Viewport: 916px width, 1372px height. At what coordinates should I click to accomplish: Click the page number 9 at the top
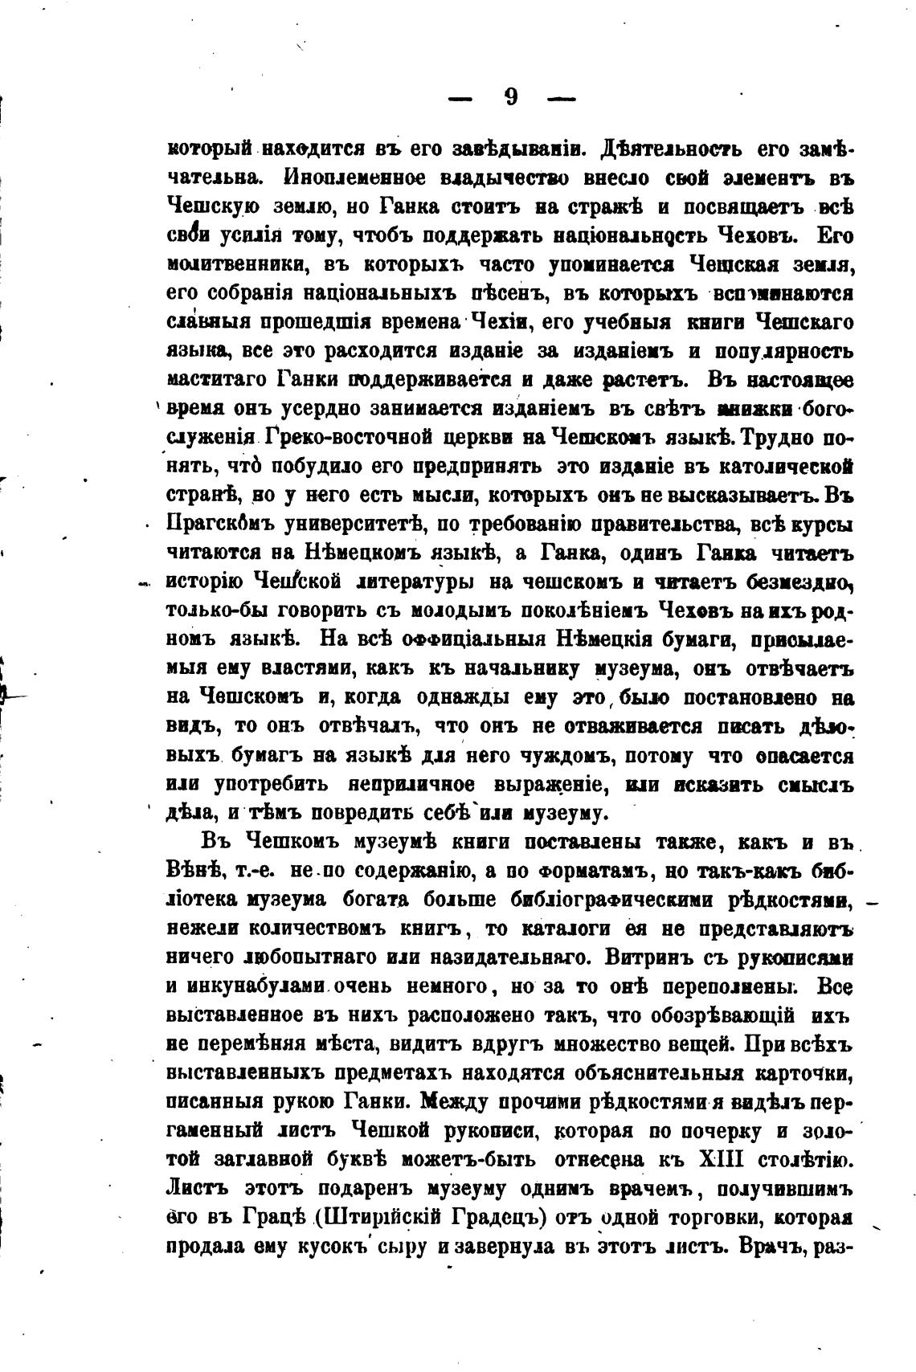(512, 97)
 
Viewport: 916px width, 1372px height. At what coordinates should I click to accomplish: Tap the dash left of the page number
(460, 100)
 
